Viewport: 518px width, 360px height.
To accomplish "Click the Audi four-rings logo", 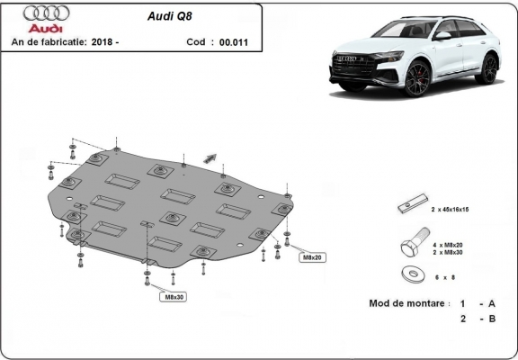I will (x=40, y=13).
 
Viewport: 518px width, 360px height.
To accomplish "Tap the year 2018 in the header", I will (x=103, y=42).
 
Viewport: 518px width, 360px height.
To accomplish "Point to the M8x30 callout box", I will (x=174, y=296).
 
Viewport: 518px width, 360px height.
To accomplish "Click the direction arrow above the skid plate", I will (x=210, y=157).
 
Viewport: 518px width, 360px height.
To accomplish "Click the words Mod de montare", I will (x=407, y=303).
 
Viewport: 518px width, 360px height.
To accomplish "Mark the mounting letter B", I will (x=493, y=319).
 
